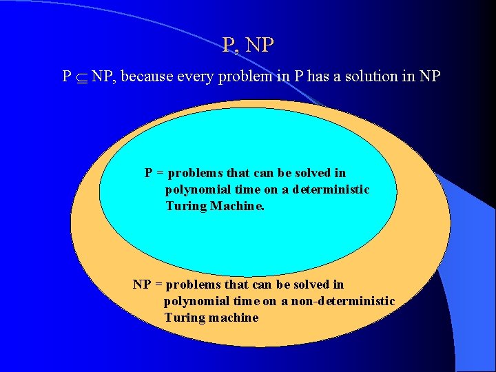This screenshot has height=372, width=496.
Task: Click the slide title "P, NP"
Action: pos(248,45)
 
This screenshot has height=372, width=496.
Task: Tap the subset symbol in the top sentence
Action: pos(81,77)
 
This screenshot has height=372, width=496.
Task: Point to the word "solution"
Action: pos(368,76)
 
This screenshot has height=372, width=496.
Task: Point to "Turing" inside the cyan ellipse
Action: pos(186,206)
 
